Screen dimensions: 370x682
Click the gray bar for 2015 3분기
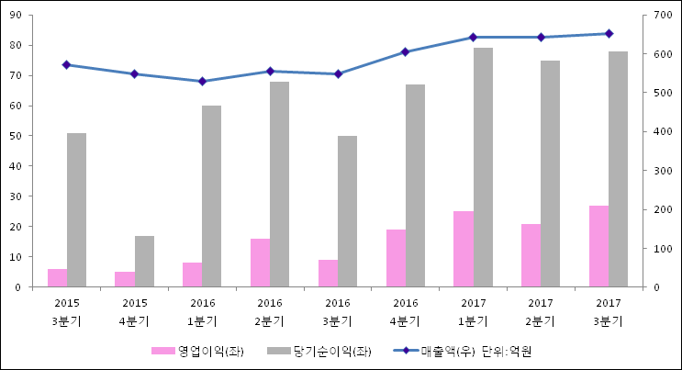(x=76, y=210)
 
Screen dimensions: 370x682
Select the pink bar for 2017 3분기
(x=598, y=246)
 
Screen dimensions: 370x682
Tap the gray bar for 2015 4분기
(x=144, y=262)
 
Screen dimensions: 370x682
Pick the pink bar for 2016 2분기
(x=260, y=263)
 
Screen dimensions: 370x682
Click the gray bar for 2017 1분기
(x=483, y=167)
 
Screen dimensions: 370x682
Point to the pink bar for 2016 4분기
(x=396, y=258)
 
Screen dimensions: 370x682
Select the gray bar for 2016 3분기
(x=347, y=211)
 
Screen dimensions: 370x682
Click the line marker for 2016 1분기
(x=202, y=81)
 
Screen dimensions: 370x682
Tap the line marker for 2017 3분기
(x=608, y=34)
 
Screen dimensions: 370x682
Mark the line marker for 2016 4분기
(x=405, y=52)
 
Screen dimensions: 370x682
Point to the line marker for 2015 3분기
(x=66, y=65)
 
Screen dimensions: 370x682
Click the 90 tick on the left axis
(x=17, y=15)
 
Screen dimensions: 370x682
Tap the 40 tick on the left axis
(x=17, y=166)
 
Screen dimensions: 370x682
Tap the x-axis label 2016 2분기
(x=270, y=312)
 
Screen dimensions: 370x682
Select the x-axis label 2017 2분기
(x=540, y=312)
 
